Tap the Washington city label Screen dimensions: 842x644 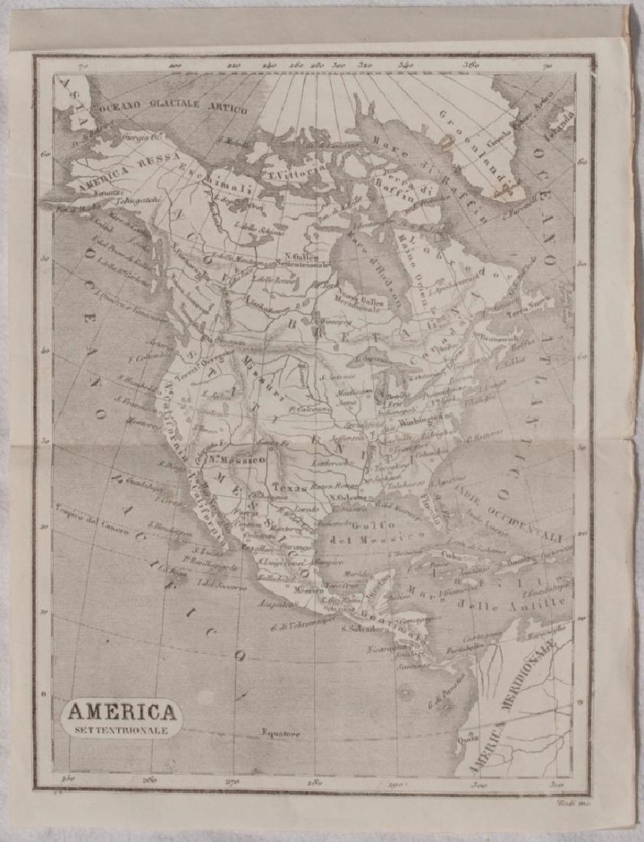click(417, 420)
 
